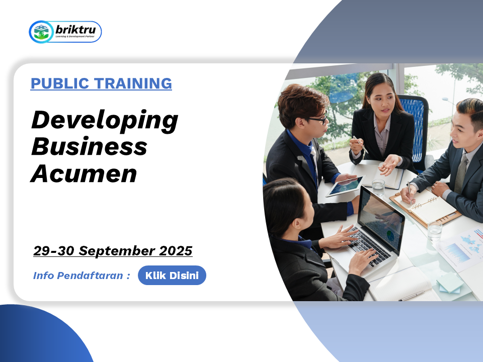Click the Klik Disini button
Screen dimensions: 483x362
click(172, 275)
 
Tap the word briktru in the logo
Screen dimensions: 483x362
click(75, 30)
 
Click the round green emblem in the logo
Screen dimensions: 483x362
click(41, 32)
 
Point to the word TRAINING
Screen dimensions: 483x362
click(133, 83)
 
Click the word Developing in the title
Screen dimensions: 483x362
click(105, 121)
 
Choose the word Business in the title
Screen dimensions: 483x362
click(90, 146)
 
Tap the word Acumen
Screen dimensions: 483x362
click(84, 173)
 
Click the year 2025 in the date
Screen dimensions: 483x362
click(176, 250)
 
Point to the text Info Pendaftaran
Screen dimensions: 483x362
click(78, 276)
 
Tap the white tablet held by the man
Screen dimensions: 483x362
click(345, 186)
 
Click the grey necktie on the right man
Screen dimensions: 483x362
click(461, 174)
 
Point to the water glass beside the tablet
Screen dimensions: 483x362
click(378, 188)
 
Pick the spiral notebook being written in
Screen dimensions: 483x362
click(425, 206)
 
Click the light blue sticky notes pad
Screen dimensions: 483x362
click(450, 283)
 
